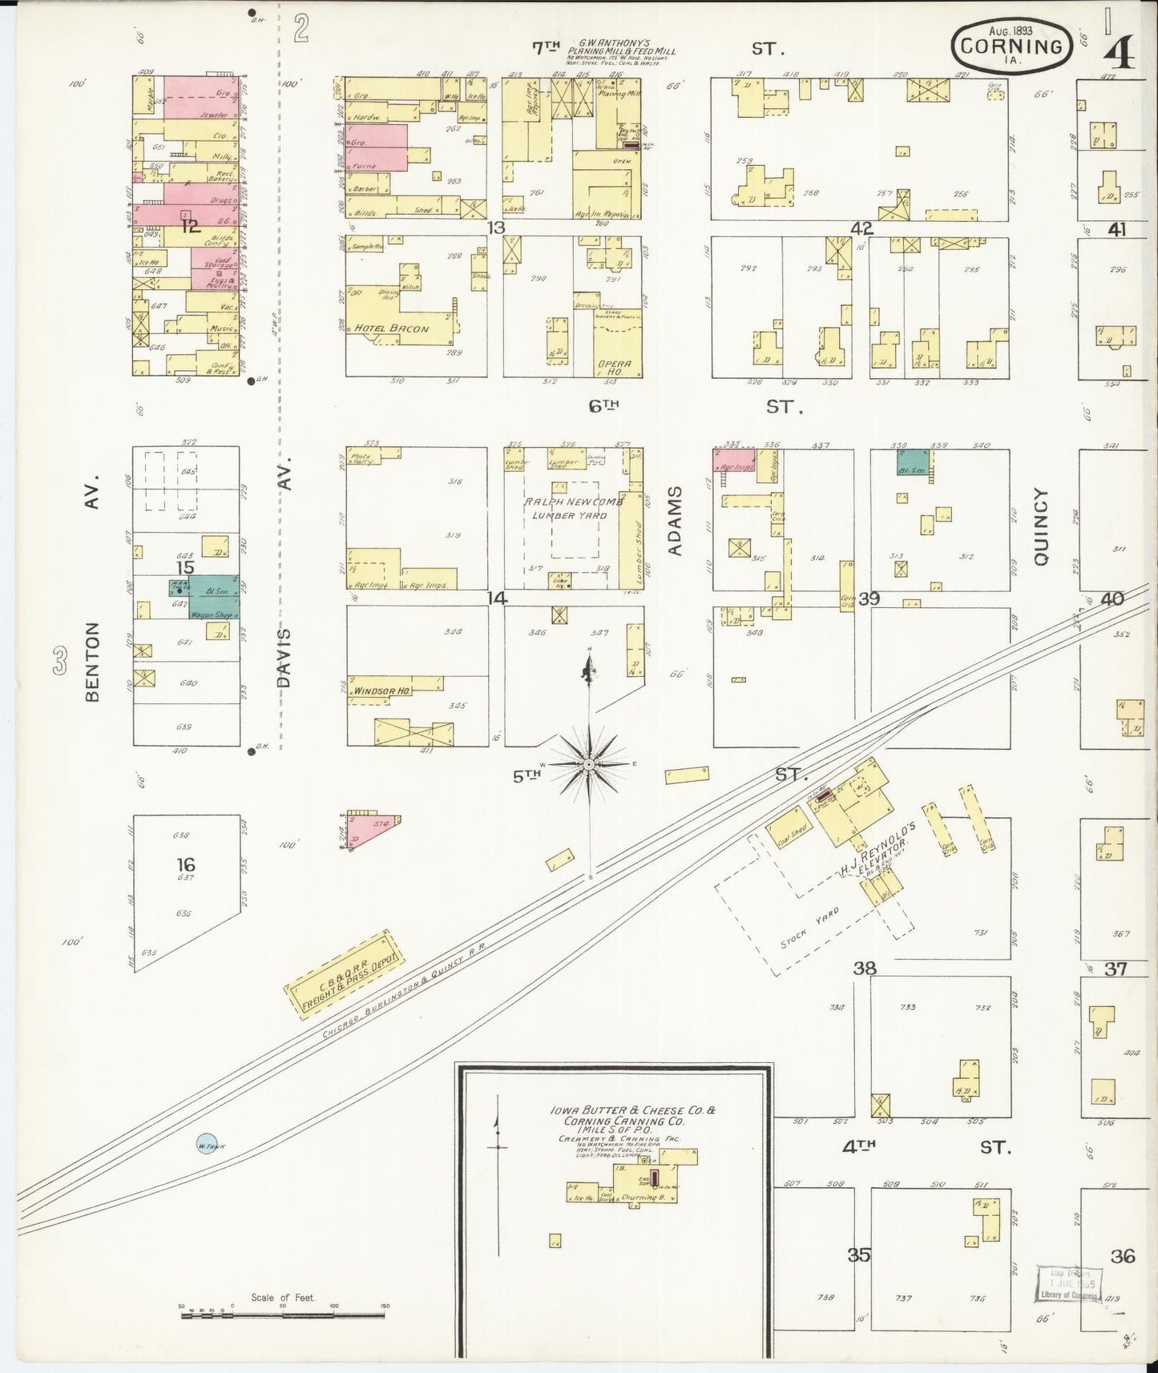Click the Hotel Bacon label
click(393, 328)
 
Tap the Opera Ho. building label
click(615, 368)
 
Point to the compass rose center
click(590, 765)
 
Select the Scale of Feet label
click(283, 1297)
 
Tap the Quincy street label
click(1040, 527)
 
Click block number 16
click(186, 864)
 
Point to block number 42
click(861, 228)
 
